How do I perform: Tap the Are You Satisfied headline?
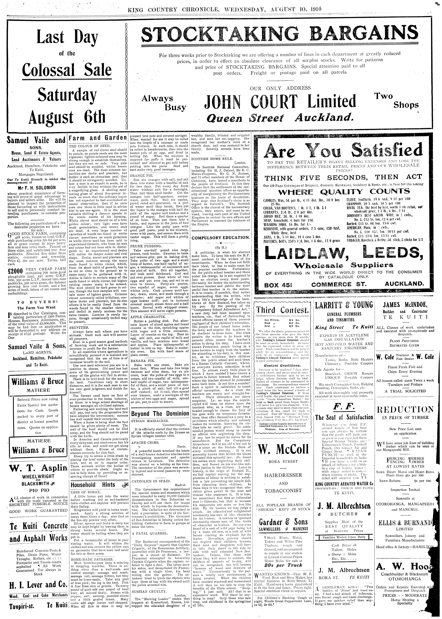click(344, 150)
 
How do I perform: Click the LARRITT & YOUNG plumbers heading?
click(344, 305)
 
